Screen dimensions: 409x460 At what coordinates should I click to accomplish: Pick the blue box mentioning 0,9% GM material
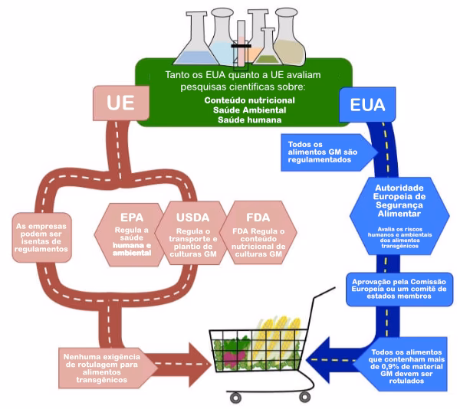coord(399,362)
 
